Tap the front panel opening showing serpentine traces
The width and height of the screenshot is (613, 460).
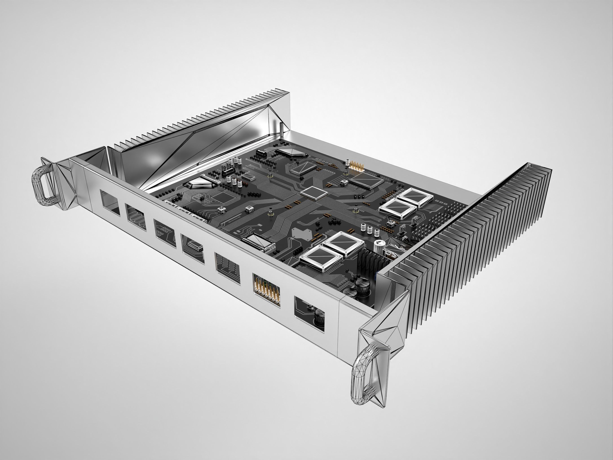click(x=136, y=216)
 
